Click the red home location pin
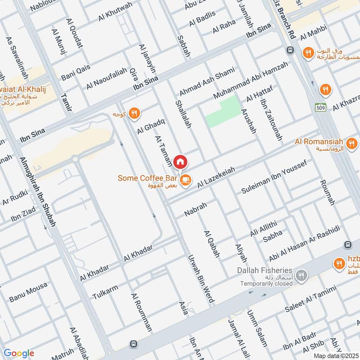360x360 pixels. pyautogui.click(x=180, y=162)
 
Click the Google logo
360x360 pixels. pyautogui.click(x=19, y=353)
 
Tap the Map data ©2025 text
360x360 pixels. pyautogui.click(x=335, y=355)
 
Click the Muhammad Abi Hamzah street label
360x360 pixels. pyautogui.click(x=250, y=81)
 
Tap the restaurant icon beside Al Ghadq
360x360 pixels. pyautogui.click(x=134, y=114)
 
